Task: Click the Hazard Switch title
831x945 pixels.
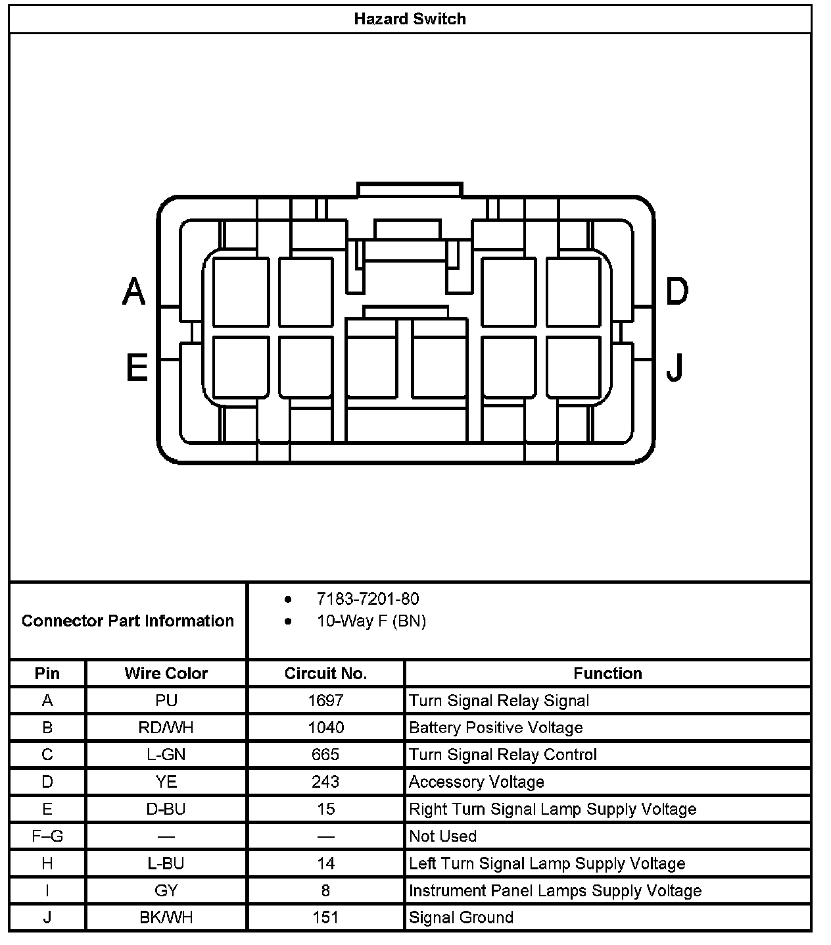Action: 410,19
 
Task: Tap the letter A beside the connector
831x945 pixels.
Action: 134,292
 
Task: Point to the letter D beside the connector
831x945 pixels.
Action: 677,292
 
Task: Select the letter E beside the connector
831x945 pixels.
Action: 136,367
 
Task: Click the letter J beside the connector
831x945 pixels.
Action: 675,367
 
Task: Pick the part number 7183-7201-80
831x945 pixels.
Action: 368,599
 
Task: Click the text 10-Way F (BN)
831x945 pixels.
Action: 371,621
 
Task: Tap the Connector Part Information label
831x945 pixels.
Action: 128,621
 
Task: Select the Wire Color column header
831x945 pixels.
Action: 166,673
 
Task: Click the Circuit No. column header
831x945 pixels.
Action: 325,673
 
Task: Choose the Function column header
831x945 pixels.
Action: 607,673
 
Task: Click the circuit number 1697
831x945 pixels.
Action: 325,701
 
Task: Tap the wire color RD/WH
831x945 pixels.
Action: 166,728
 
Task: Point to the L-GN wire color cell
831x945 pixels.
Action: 166,755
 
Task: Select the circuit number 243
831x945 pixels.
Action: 325,782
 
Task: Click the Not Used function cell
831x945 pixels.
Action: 442,836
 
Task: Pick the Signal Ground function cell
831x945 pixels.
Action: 461,917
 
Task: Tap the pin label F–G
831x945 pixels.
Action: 47,836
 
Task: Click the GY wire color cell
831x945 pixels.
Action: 166,890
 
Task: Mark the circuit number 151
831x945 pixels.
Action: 325,917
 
